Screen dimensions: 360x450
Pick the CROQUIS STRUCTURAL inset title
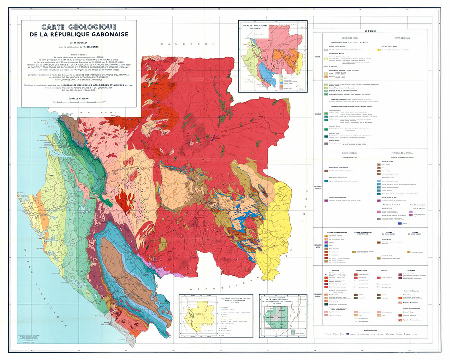[253, 25]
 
